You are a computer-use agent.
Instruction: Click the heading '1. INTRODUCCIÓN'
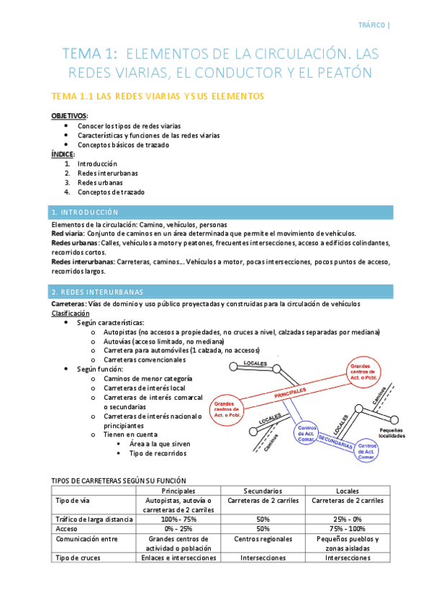(x=85, y=213)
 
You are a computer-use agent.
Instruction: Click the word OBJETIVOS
(x=68, y=115)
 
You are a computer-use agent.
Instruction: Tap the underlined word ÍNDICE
(x=63, y=154)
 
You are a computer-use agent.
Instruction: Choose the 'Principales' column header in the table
(x=178, y=489)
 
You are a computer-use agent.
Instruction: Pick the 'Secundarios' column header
(x=262, y=489)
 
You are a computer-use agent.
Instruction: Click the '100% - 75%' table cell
(x=178, y=519)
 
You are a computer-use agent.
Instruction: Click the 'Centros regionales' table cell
(x=262, y=538)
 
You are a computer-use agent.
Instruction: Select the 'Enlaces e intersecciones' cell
(x=178, y=557)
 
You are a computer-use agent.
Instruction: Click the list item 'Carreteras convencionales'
(x=145, y=360)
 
